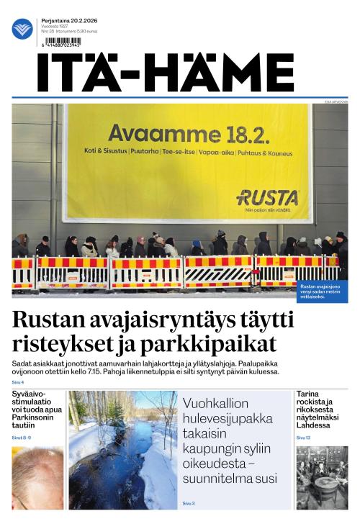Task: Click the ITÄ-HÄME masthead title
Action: click(166, 73)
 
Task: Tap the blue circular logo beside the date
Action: click(22, 29)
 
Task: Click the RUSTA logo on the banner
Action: click(267, 196)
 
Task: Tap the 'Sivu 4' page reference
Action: click(18, 381)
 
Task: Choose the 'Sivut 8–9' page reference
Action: click(22, 438)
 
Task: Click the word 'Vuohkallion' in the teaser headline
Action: click(215, 403)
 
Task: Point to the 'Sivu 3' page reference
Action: click(189, 503)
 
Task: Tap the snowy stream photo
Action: click(122, 450)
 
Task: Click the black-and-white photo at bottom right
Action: click(322, 478)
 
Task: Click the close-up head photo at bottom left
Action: click(37, 478)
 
